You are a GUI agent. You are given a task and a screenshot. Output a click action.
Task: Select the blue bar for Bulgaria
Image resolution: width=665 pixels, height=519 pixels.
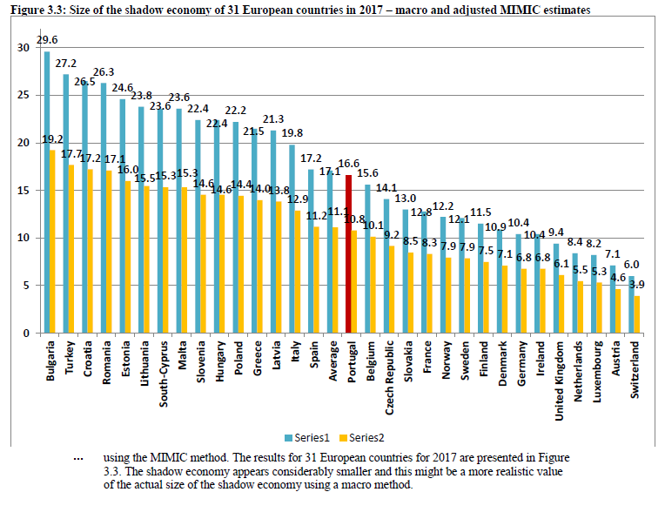(47, 192)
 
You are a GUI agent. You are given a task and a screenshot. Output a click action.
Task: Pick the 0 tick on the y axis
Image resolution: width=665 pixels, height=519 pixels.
(26, 334)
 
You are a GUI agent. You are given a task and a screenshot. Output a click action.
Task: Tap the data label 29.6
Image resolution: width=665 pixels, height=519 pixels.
(48, 40)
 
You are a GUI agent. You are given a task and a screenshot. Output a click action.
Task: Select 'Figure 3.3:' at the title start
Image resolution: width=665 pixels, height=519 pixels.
(34, 10)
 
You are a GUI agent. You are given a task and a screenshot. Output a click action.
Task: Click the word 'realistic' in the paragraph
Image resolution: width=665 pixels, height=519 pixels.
(503, 471)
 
